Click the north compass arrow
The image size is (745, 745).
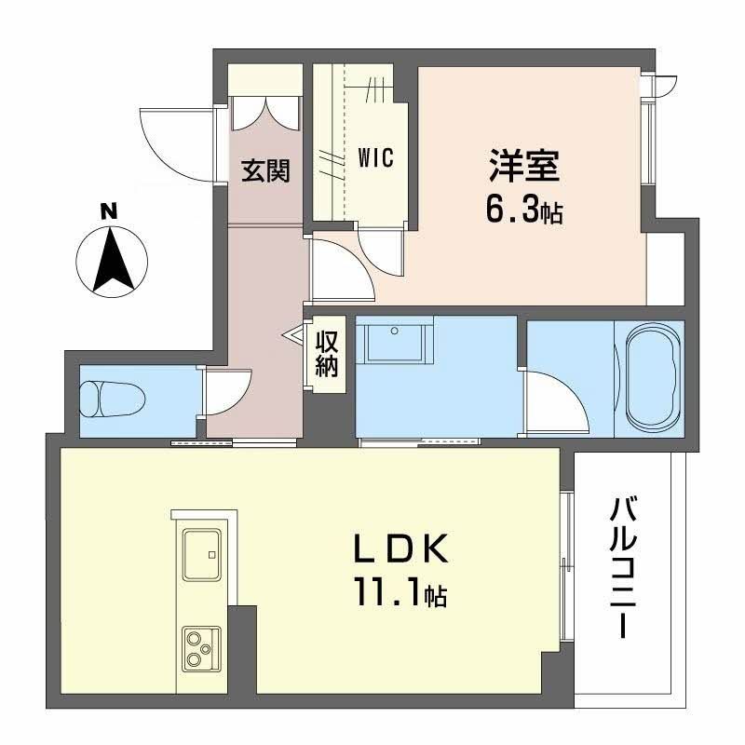pyautogui.click(x=111, y=260)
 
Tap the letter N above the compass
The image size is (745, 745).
pyautogui.click(x=110, y=211)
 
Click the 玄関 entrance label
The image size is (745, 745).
pyautogui.click(x=265, y=170)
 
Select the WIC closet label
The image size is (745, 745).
pyautogui.click(x=375, y=157)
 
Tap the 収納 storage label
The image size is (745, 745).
pyautogui.click(x=325, y=354)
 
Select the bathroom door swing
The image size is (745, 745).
pyautogui.click(x=555, y=400)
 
